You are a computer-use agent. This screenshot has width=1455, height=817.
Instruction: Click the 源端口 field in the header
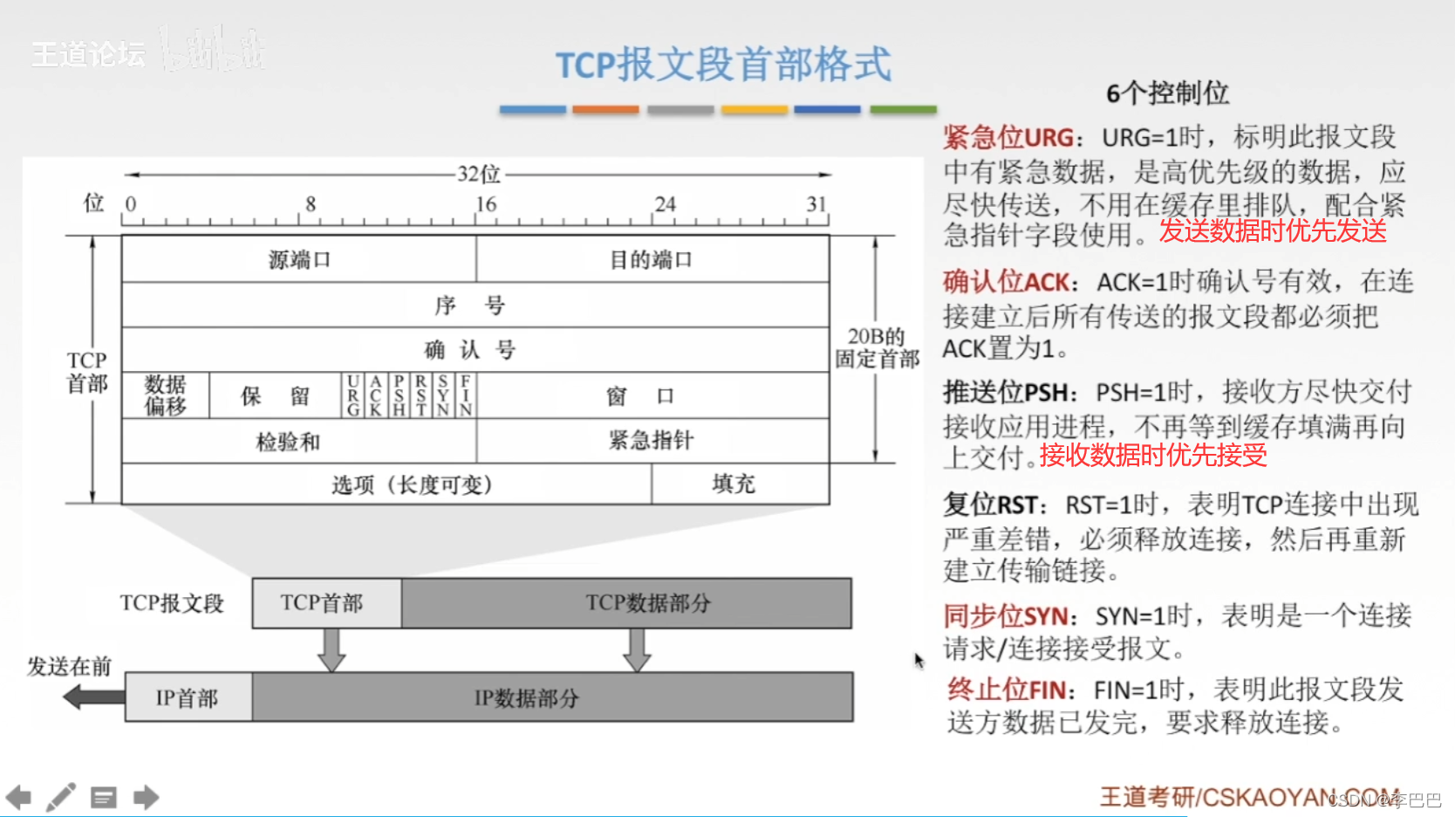299,259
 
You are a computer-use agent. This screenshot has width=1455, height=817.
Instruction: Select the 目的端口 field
651,259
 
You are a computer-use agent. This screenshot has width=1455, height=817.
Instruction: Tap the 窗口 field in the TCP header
641,396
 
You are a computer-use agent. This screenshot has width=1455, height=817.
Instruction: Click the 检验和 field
288,442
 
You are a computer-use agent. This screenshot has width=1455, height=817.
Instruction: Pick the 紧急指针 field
651,440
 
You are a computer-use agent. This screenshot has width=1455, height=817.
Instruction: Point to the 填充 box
734,484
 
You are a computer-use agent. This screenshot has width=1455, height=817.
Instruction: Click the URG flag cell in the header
352,395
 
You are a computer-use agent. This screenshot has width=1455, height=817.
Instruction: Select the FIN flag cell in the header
466,395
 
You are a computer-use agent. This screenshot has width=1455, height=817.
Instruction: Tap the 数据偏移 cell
165,395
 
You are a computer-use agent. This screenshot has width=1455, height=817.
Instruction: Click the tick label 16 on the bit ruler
486,204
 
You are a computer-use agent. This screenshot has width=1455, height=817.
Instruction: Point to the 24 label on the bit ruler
665,204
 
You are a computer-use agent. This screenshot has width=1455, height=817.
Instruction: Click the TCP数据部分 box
647,602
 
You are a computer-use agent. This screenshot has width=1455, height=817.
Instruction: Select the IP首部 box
187,697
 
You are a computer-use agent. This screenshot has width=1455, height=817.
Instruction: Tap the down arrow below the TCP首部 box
331,649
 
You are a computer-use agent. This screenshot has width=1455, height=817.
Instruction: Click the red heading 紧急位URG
1008,138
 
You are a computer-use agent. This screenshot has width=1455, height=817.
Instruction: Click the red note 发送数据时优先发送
1273,231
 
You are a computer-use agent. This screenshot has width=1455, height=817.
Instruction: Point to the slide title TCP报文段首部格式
723,65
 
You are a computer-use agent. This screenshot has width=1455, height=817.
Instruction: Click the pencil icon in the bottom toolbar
60,797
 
